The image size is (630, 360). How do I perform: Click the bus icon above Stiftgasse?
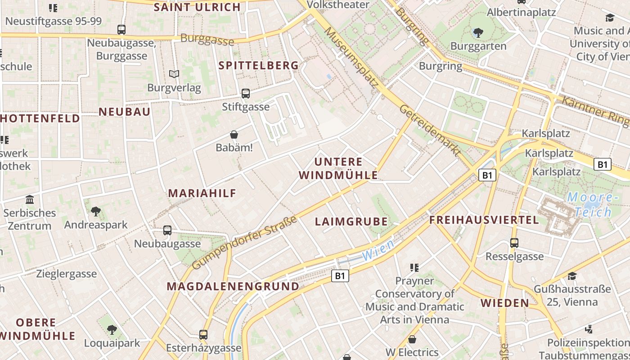coord(245,94)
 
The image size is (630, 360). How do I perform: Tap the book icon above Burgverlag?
coord(174,74)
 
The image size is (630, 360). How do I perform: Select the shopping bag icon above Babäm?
coord(234,134)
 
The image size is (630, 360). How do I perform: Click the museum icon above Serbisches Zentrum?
coord(30,199)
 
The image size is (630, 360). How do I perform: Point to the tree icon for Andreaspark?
coord(95,211)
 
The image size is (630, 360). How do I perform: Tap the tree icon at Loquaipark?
coord(112,330)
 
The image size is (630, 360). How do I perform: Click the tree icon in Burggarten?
coord(478,32)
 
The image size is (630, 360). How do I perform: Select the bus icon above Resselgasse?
coord(514,243)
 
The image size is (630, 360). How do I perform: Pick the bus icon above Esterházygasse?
coord(203,335)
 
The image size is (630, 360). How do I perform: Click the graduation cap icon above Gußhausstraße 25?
coord(572,276)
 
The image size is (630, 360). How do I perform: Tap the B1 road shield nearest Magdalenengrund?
coord(340,276)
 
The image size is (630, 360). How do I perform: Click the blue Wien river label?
coord(378,250)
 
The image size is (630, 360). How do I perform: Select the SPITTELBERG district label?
coord(259,65)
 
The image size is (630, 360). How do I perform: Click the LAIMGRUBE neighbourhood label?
coord(351,221)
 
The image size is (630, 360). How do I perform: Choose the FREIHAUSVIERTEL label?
coord(484,220)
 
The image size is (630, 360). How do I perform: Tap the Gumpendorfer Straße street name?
coord(244,243)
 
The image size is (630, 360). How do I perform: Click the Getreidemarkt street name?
coord(430,130)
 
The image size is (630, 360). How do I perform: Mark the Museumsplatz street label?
coord(351,57)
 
